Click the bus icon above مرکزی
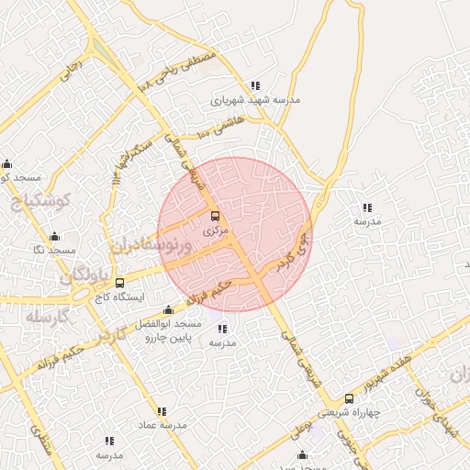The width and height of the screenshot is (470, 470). click(x=216, y=217)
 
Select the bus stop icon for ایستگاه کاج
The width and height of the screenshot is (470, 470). click(x=120, y=283)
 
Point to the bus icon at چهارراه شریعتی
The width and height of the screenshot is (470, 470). click(x=349, y=398)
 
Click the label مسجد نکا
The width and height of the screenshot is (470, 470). click(x=51, y=251)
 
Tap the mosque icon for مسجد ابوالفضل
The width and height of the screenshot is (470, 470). click(x=168, y=310)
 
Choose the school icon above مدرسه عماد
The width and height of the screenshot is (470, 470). click(x=162, y=411)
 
